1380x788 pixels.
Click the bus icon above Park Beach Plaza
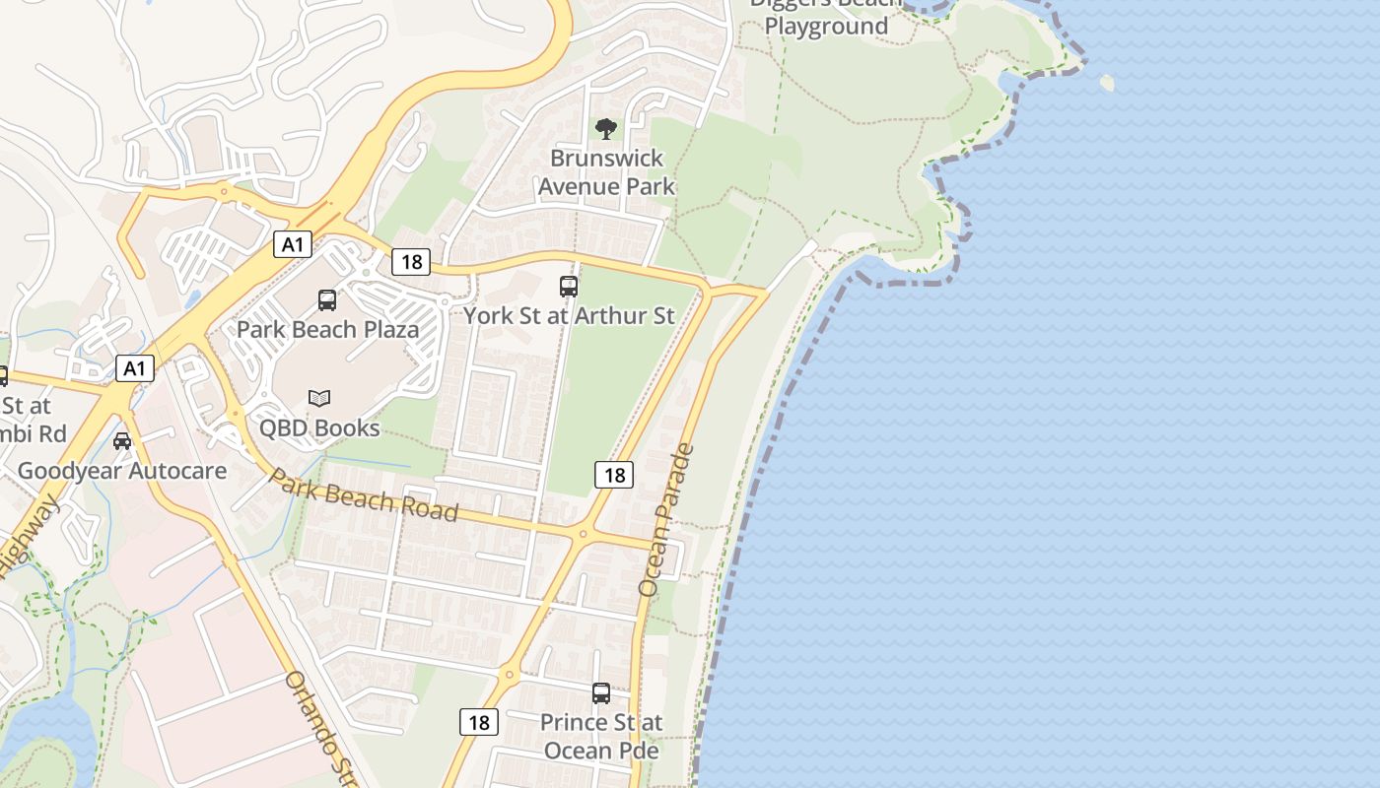coord(327,300)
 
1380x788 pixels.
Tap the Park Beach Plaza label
coord(327,329)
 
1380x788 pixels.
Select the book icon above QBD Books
coord(318,398)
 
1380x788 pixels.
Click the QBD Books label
coord(318,427)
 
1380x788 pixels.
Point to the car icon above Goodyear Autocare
coord(122,440)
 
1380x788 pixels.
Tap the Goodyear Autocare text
coord(122,470)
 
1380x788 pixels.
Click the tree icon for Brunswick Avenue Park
coord(606,128)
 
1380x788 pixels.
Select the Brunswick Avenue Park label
coord(606,171)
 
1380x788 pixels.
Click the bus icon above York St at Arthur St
coord(569,287)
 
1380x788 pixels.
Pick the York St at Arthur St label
coord(569,315)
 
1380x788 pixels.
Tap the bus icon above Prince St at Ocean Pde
coord(601,692)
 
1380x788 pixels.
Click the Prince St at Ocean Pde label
coord(601,736)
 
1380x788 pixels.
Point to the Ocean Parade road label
coord(667,520)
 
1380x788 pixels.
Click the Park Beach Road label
coord(364,494)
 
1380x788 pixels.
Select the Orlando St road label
coord(320,728)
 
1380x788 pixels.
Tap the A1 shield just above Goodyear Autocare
coord(134,369)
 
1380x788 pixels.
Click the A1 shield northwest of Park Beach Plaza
coord(292,243)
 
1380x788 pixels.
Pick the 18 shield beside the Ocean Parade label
coord(614,475)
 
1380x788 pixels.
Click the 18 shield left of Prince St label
coord(479,722)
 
